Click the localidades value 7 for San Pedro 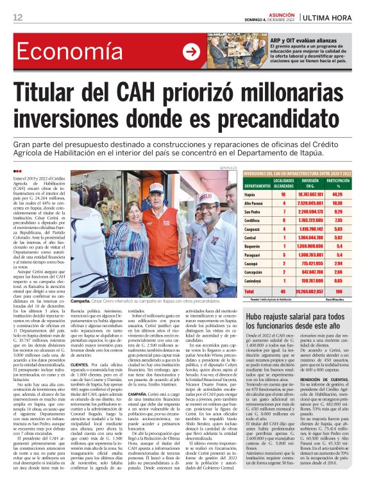coord(284,211)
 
